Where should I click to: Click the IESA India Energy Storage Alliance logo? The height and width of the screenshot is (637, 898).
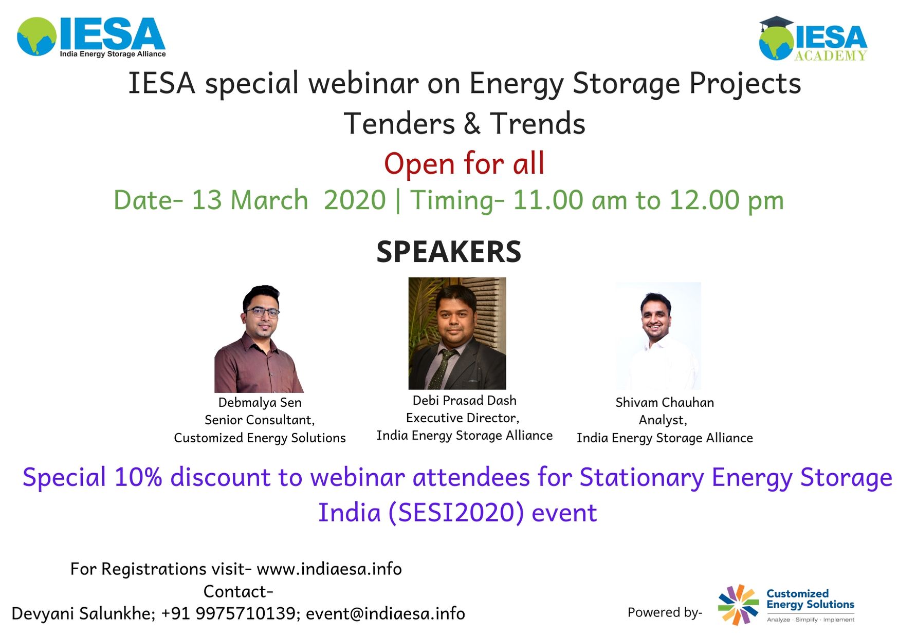pyautogui.click(x=91, y=37)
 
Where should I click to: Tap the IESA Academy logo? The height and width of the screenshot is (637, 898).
pyautogui.click(x=813, y=39)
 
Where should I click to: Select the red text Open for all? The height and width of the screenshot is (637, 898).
pyautogui.click(x=464, y=164)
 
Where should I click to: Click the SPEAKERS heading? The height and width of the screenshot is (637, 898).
pyautogui.click(x=449, y=251)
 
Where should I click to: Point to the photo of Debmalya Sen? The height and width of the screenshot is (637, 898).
pyautogui.click(x=259, y=339)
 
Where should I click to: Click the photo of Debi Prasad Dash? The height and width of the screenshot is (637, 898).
pyautogui.click(x=457, y=333)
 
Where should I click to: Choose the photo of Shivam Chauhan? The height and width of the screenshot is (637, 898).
pyautogui.click(x=658, y=335)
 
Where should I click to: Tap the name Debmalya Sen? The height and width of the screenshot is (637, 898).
pyautogui.click(x=260, y=402)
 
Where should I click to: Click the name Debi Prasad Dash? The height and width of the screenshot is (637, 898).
pyautogui.click(x=464, y=400)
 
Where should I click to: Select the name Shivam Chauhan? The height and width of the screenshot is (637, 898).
pyautogui.click(x=665, y=402)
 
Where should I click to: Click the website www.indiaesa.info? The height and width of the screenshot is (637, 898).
pyautogui.click(x=329, y=569)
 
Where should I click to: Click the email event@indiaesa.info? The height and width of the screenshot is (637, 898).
pyautogui.click(x=386, y=613)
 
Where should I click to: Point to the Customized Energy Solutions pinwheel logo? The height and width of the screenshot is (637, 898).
pyautogui.click(x=738, y=605)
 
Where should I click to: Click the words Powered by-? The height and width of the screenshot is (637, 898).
pyautogui.click(x=665, y=612)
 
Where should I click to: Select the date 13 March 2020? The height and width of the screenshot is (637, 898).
pyautogui.click(x=288, y=200)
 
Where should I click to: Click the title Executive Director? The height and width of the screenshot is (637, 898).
pyautogui.click(x=462, y=418)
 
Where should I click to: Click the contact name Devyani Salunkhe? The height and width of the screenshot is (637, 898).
pyautogui.click(x=83, y=613)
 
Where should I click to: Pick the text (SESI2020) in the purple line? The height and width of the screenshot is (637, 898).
pyautogui.click(x=456, y=513)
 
